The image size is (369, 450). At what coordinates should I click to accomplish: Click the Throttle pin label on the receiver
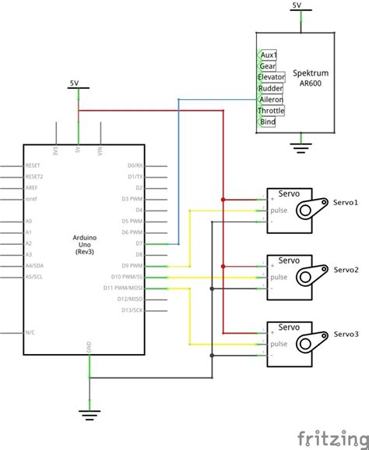pyautogui.click(x=271, y=111)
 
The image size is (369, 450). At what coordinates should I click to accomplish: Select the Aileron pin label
pyautogui.click(x=270, y=100)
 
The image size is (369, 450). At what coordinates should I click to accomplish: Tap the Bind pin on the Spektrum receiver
pyautogui.click(x=268, y=122)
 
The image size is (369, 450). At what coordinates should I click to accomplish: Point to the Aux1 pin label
pyautogui.click(x=269, y=55)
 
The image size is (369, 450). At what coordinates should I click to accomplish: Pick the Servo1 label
pyautogui.click(x=346, y=203)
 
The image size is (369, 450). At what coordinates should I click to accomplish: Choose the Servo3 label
pyautogui.click(x=346, y=334)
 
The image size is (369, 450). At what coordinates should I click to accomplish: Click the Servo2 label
pyautogui.click(x=346, y=269)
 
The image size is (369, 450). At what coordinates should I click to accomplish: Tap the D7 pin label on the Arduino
pyautogui.click(x=139, y=244)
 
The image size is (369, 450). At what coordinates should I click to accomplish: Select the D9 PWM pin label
pyautogui.click(x=132, y=266)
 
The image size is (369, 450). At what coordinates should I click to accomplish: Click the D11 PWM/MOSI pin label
pyautogui.click(x=127, y=288)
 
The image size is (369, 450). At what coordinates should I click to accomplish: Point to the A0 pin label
pyautogui.click(x=29, y=222)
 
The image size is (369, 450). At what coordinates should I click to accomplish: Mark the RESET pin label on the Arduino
pyautogui.click(x=33, y=165)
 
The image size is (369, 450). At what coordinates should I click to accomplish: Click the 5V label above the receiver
pyautogui.click(x=297, y=5)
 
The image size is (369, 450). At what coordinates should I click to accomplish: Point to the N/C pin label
pyautogui.click(x=29, y=332)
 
